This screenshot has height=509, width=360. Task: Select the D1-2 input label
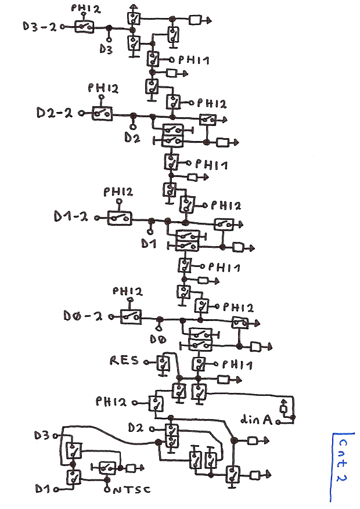point(70,216)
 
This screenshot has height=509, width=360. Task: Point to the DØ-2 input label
point(82,316)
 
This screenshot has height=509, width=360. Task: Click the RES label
point(124,360)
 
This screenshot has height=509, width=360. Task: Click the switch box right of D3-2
point(86,27)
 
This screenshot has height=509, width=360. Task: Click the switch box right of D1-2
point(119,218)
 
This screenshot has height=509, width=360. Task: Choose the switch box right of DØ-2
point(131,316)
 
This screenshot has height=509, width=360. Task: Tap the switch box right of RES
point(162,364)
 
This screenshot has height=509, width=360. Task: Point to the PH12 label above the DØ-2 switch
point(127,291)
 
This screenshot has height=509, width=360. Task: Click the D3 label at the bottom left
point(42,434)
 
